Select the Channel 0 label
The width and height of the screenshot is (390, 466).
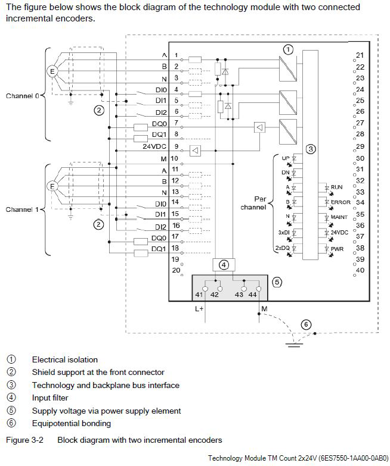pos(22,95)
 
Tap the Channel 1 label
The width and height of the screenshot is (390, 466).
pos(22,209)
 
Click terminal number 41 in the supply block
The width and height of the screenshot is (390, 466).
pos(199,294)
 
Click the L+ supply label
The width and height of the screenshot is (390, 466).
pos(199,309)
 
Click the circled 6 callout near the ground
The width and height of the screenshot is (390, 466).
pos(306,324)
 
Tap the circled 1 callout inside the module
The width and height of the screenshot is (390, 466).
pos(288,49)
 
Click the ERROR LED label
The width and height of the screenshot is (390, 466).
pos(341,202)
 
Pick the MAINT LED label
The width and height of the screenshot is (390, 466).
pos(339,217)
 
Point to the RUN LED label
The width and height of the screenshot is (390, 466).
pos(336,187)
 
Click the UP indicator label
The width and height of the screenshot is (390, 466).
pos(285,158)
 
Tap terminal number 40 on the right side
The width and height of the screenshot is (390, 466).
pos(360,270)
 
